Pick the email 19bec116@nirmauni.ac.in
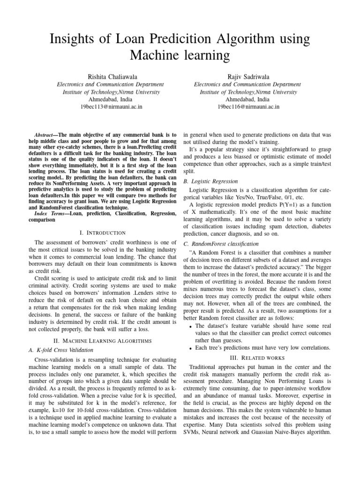[247, 107]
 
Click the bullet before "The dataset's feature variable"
[189, 326]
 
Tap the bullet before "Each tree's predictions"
[189, 348]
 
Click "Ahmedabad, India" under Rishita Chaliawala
[110, 99]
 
